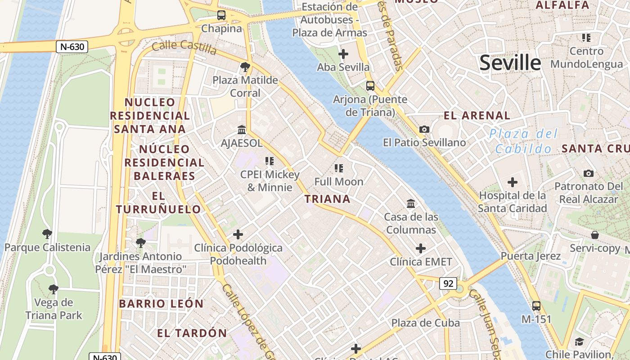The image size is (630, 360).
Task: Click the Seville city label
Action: tap(510, 63)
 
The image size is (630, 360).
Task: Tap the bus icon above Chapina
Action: tap(221, 15)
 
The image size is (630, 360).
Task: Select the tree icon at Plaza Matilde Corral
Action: tap(245, 67)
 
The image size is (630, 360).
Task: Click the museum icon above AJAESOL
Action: tap(242, 130)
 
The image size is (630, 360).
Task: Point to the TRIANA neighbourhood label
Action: tap(327, 199)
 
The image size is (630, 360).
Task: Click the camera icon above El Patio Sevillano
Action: tap(424, 130)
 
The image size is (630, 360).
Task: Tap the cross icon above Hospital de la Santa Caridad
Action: tap(512, 182)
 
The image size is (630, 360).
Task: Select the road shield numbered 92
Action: tap(448, 283)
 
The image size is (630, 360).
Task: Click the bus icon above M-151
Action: tap(536, 306)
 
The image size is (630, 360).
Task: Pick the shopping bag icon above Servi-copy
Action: tap(595, 235)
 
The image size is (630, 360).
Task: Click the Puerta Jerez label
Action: tap(531, 256)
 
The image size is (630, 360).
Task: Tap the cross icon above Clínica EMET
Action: tap(421, 248)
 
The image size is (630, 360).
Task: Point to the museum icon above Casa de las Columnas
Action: tap(410, 204)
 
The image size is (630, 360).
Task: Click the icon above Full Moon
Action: tap(339, 168)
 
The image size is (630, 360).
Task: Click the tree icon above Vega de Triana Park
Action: tap(54, 289)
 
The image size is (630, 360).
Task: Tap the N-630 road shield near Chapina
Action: tap(72, 46)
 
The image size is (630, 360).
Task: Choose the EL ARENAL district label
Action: tap(477, 116)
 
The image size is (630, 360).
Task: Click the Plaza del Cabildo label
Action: tap(523, 141)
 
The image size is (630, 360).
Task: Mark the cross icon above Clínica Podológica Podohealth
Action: tap(238, 234)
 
